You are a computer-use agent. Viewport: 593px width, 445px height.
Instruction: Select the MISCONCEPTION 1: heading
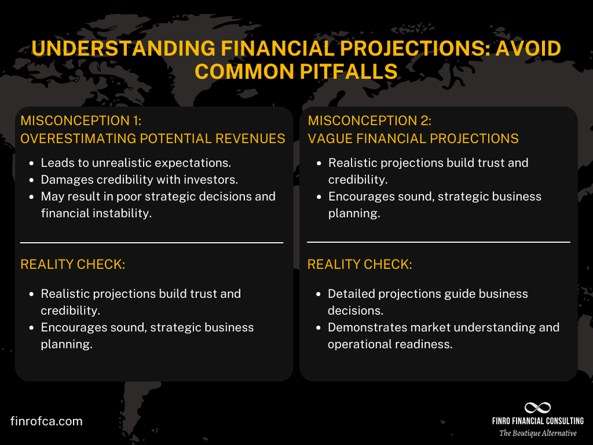click(x=81, y=121)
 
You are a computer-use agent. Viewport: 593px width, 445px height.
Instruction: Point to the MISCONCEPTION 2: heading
click(x=369, y=121)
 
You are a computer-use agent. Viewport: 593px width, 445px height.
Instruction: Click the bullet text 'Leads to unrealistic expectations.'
click(x=136, y=163)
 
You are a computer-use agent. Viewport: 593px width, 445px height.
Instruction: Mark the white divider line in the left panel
click(x=152, y=243)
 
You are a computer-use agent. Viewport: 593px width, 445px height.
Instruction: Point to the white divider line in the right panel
click(x=438, y=242)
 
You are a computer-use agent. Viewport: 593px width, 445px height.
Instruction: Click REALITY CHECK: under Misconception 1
click(x=73, y=265)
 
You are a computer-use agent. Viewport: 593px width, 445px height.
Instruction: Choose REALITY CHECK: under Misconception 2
click(x=359, y=265)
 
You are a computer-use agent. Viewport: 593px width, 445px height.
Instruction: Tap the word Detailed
click(x=353, y=294)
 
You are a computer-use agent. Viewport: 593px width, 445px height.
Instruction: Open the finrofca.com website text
click(x=46, y=421)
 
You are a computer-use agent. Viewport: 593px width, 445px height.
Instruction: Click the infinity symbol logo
click(x=537, y=408)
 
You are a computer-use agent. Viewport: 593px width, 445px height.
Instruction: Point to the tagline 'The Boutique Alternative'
click(x=537, y=433)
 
